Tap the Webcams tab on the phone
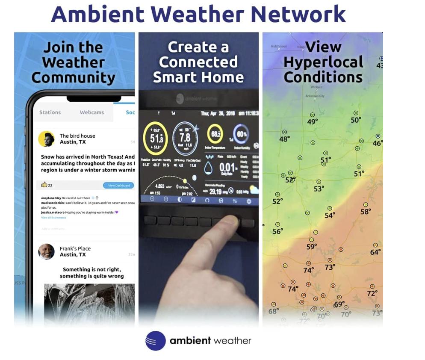point(91,112)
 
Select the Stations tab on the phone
point(50,112)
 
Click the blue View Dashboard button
point(118,186)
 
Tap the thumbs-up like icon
point(44,185)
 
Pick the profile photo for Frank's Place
point(46,251)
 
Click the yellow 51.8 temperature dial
point(156,139)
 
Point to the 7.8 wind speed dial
point(185,138)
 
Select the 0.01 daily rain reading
point(227,168)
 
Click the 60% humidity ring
point(242,134)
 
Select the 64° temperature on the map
point(375,252)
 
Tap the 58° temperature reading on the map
point(366,212)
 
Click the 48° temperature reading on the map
point(284,139)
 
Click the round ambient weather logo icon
point(155,341)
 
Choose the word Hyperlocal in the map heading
point(323,62)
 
